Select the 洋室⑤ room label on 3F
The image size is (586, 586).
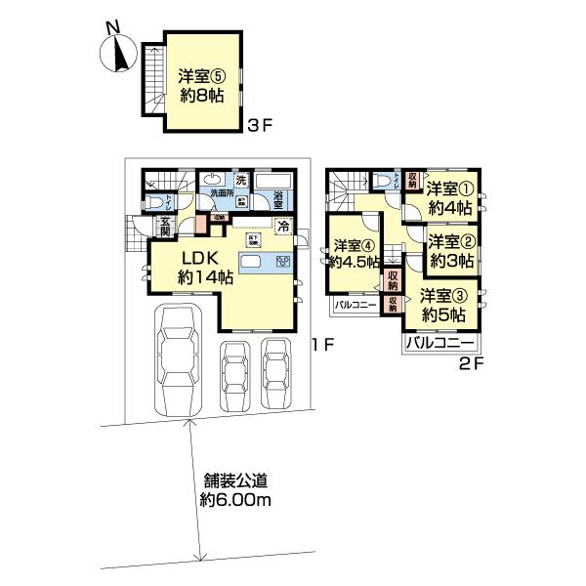pos(201,85)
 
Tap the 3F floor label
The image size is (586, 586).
pos(258,125)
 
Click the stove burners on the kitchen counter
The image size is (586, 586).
pos(284,261)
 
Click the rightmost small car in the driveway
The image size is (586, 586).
pos(277,371)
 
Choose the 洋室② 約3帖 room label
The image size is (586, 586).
pos(451,251)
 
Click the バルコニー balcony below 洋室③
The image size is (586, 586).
pos(439,345)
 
